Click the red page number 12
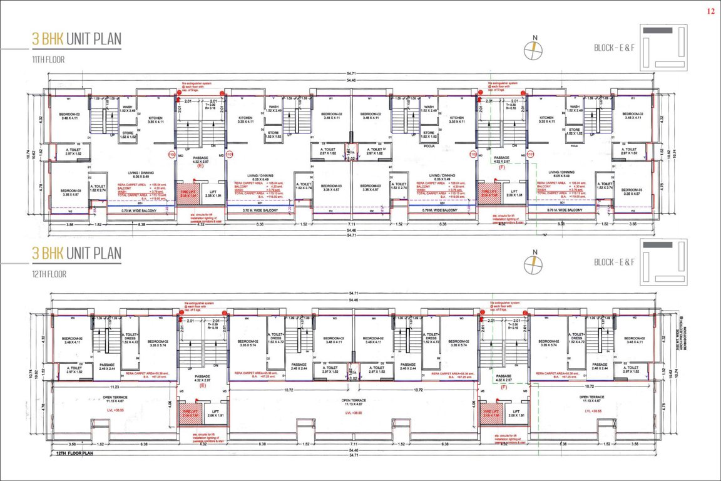coord(710,11)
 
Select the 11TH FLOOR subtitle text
coord(49,59)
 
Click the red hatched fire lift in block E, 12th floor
coord(189,414)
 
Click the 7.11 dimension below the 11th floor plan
coord(352,224)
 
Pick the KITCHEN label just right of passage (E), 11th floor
coord(245,119)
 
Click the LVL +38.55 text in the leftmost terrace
coord(113,410)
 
